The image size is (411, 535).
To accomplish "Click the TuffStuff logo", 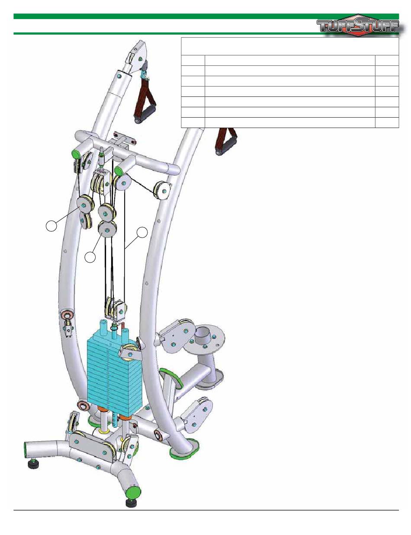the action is coord(360,26).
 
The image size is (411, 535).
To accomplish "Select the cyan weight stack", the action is coord(114,374).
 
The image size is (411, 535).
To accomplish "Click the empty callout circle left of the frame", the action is coord(51,226).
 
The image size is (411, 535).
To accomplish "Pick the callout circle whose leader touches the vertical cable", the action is coord(142,232).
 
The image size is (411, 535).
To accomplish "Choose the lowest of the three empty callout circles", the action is coord(90,257).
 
